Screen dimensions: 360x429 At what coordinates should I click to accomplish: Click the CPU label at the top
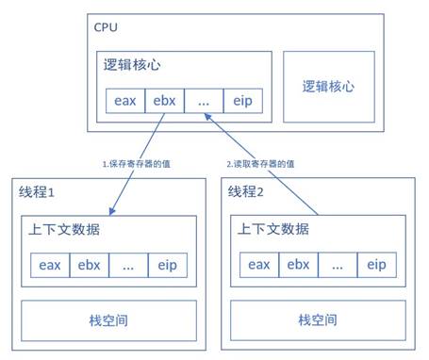(107, 26)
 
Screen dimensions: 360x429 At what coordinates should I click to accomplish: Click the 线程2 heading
(249, 192)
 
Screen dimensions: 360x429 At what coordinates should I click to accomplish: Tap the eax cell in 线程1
(50, 265)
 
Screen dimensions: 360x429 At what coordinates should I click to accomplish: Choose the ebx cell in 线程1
(90, 265)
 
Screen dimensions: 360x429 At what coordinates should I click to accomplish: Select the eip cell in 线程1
(168, 265)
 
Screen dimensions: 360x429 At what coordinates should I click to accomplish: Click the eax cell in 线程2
(260, 265)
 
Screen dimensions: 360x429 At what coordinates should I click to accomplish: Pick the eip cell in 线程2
(377, 265)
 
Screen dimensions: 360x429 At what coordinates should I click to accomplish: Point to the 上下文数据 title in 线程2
(272, 229)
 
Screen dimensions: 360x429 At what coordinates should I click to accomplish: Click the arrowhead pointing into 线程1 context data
(110, 210)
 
